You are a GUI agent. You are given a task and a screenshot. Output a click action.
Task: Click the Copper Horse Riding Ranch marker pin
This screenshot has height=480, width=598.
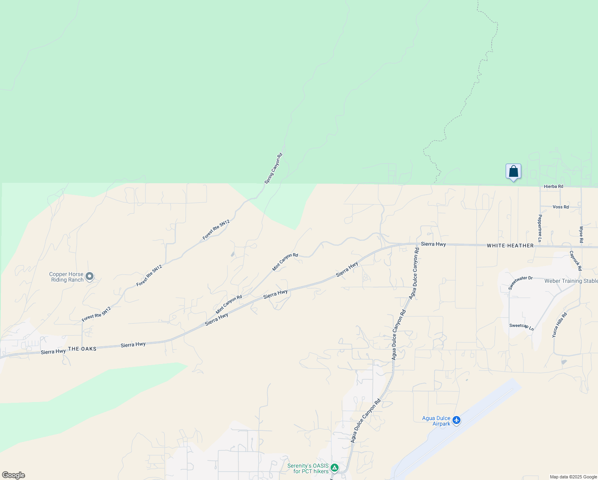90,276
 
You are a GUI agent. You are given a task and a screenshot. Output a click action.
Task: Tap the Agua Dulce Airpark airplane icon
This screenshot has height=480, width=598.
456,420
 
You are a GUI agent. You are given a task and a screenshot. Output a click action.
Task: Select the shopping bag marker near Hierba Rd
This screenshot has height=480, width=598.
513,172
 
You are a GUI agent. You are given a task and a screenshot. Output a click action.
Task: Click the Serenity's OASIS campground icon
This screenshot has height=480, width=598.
335,468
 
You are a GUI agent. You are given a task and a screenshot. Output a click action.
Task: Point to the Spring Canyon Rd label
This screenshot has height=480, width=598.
273,168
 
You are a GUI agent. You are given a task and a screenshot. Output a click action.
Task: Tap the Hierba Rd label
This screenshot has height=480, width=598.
553,186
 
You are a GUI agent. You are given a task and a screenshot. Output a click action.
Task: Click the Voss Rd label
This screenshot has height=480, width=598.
560,207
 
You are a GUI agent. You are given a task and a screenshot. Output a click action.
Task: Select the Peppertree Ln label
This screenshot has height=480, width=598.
540,228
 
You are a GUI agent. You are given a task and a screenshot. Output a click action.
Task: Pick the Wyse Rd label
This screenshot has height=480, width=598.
581,235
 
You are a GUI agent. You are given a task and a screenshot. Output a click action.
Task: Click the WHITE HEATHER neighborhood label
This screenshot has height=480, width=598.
510,246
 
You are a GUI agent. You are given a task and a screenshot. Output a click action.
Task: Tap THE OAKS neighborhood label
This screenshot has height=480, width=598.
82,349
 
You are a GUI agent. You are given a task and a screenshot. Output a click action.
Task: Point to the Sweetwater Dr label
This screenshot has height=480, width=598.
520,283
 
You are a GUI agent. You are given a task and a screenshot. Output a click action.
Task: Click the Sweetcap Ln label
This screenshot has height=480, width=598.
521,327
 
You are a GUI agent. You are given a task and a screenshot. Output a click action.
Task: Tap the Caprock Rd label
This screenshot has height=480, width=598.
576,260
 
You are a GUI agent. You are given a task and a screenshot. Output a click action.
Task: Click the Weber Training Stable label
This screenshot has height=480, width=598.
571,281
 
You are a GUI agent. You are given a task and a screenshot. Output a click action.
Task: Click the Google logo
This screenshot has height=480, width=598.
14,475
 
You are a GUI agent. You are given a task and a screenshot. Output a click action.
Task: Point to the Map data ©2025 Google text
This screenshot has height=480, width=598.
573,477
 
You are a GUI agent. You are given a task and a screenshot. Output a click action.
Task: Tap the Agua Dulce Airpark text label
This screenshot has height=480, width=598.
436,421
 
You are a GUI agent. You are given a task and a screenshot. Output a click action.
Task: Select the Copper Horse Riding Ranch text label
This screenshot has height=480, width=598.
66,277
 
